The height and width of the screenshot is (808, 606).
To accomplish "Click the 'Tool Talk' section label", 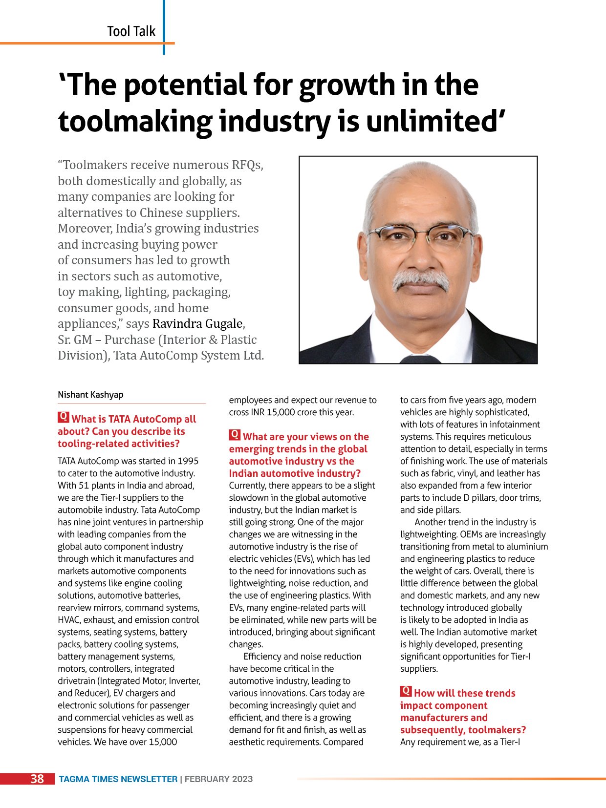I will coord(131,32).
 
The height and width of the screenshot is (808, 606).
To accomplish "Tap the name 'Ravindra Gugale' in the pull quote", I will coord(197,324).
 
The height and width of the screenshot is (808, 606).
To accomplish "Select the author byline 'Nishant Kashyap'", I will coord(90,395).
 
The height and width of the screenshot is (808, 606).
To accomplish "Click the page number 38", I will coord(37,779).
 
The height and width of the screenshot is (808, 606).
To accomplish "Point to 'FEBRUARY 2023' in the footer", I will coord(218,779).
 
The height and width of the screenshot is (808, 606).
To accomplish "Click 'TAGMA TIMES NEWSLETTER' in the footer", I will coord(118,779).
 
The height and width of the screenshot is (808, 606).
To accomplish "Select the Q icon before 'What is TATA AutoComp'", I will coord(63,418).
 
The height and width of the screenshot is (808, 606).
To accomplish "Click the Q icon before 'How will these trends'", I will coord(406,692).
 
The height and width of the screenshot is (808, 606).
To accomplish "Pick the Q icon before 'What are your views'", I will coord(235,435).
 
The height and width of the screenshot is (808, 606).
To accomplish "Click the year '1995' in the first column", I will coord(188,461).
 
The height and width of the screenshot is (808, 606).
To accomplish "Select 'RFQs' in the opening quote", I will coord(248,165).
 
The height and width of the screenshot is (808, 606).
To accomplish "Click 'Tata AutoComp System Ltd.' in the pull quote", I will coord(189,356).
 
